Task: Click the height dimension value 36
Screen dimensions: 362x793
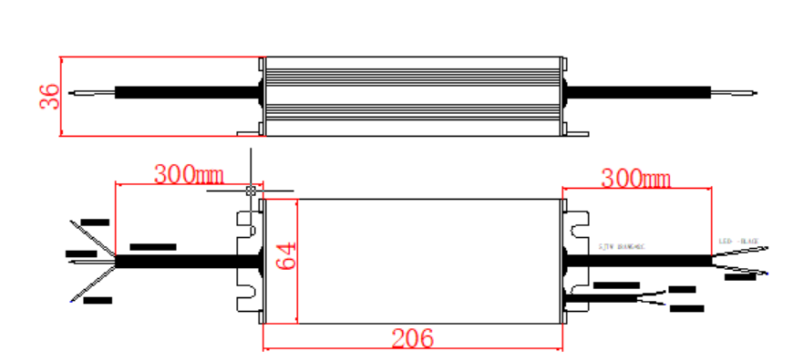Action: pyautogui.click(x=50, y=97)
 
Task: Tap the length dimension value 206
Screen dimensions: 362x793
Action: pyautogui.click(x=412, y=338)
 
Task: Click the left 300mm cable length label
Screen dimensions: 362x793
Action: pyautogui.click(x=189, y=173)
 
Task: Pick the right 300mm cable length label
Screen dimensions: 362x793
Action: pyautogui.click(x=635, y=178)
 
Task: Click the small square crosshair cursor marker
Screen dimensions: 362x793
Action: pyautogui.click(x=250, y=191)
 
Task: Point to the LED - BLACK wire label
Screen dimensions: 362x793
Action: pyautogui.click(x=739, y=242)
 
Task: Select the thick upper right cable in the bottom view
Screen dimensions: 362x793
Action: pyautogui.click(x=638, y=260)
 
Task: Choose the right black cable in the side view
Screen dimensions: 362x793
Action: pyautogui.click(x=638, y=91)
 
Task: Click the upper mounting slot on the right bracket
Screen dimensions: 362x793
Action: pyautogui.click(x=577, y=222)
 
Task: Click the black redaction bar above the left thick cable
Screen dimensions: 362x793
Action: pyautogui.click(x=152, y=247)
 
